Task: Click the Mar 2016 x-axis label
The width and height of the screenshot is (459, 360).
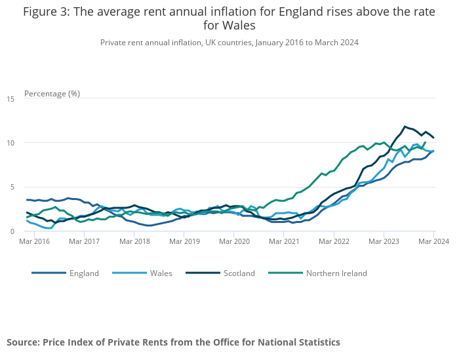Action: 34,242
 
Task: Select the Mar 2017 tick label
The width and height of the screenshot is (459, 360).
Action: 84,242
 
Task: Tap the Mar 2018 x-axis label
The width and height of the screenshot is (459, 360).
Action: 134,242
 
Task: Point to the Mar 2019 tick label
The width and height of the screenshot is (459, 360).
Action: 184,242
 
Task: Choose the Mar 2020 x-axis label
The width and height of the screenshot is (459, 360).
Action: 234,242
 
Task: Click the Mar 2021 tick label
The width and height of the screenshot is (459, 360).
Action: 284,242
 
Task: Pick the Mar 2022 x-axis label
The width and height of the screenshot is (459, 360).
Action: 334,242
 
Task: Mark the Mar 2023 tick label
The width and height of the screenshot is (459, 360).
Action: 384,242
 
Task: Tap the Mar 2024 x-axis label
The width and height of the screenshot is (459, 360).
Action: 433,242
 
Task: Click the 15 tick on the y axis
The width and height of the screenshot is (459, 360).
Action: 10,99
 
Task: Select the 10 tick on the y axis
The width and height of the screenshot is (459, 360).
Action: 10,143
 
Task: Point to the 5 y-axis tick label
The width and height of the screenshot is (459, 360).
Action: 12,187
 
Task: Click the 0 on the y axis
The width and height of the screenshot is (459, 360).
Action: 12,231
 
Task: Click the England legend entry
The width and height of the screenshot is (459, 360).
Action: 83,273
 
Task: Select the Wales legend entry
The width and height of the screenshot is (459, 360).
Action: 161,273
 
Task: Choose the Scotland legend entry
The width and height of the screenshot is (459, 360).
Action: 239,273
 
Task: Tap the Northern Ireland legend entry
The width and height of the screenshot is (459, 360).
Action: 336,273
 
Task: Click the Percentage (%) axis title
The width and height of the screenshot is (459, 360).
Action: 52,93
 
